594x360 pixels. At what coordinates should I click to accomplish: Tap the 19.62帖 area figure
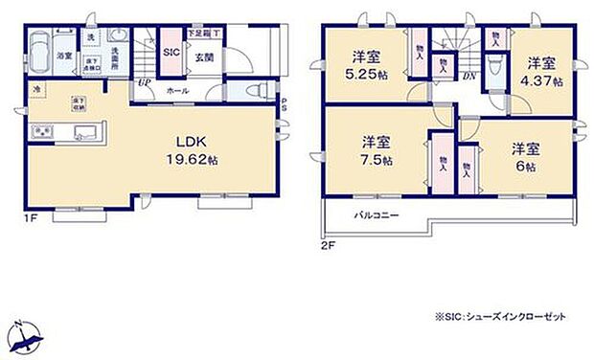(192, 161)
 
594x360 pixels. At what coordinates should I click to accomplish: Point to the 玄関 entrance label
(204, 57)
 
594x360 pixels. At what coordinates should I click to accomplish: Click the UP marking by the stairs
(143, 83)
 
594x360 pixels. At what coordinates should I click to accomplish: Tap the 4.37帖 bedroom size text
(543, 81)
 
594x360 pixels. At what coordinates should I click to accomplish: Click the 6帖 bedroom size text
(525, 166)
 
